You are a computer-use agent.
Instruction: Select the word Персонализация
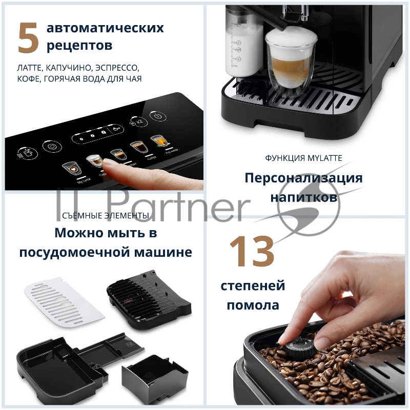(303, 178)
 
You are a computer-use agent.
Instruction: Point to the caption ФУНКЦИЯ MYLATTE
(303, 158)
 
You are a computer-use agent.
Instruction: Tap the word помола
(253, 305)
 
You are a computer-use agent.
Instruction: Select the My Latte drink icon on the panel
(69, 168)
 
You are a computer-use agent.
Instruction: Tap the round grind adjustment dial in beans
(296, 347)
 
